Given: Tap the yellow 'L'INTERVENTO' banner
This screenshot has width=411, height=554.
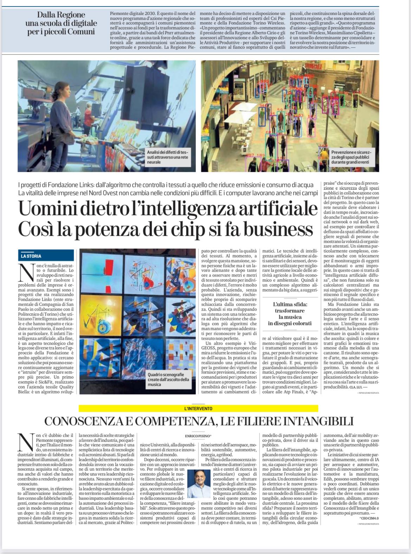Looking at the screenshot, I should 198,409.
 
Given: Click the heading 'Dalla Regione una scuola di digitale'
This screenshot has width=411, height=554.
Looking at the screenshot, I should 61,23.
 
